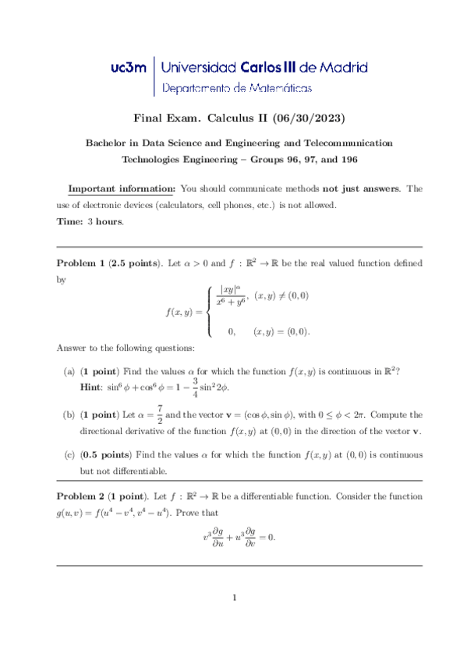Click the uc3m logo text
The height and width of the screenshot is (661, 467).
coord(128,68)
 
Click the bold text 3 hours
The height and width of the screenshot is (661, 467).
coord(105,221)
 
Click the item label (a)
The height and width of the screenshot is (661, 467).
coord(69,373)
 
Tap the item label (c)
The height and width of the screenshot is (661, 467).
coord(69,454)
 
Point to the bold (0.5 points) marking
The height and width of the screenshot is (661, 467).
coord(106,454)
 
